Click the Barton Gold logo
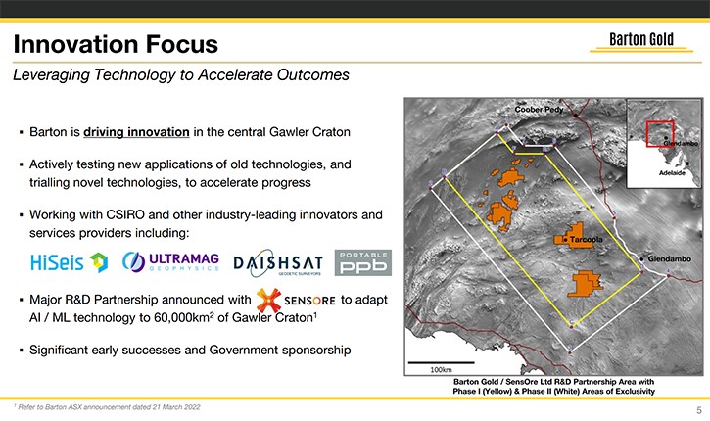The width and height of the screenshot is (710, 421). [641, 41]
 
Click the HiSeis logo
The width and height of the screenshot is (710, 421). [70, 262]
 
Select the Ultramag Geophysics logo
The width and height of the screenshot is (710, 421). [170, 261]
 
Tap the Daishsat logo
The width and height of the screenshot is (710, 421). [278, 263]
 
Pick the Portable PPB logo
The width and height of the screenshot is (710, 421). [363, 263]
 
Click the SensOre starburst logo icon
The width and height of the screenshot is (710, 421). [268, 301]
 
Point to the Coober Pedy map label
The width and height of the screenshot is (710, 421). [539, 110]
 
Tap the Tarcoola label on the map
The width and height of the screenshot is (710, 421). [586, 240]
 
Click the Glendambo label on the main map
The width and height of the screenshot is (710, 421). [669, 258]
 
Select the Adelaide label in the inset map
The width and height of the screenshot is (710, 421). [672, 173]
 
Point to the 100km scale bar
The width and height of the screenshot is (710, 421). [441, 362]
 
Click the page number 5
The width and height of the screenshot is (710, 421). [699, 410]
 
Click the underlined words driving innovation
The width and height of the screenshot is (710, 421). [136, 132]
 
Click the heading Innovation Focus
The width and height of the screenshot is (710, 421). [116, 44]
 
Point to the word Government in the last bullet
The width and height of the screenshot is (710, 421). [244, 350]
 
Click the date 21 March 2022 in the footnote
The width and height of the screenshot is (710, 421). [176, 407]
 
